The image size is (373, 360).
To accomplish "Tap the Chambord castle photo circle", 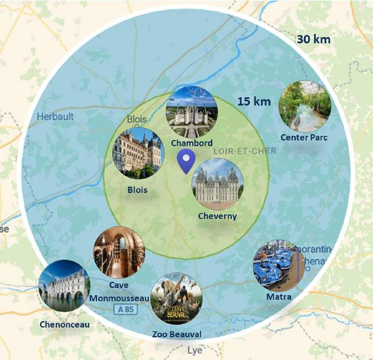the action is point(192,111).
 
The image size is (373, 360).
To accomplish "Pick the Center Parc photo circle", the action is point(305,106).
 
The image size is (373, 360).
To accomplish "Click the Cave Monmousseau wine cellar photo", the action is point(119,252).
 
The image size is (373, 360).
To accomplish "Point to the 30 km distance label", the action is point(314,39).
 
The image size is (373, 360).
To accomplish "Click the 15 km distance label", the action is point(254,101).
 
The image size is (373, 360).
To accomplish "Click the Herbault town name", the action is point(55,117).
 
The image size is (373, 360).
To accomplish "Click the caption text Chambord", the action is point(192,143).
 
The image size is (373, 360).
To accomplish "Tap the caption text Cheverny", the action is point(217,216).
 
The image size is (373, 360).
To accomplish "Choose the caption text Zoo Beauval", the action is point(177,334).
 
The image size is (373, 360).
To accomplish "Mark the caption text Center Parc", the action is point(304,137).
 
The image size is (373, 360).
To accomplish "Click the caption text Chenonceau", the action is point(64,324).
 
